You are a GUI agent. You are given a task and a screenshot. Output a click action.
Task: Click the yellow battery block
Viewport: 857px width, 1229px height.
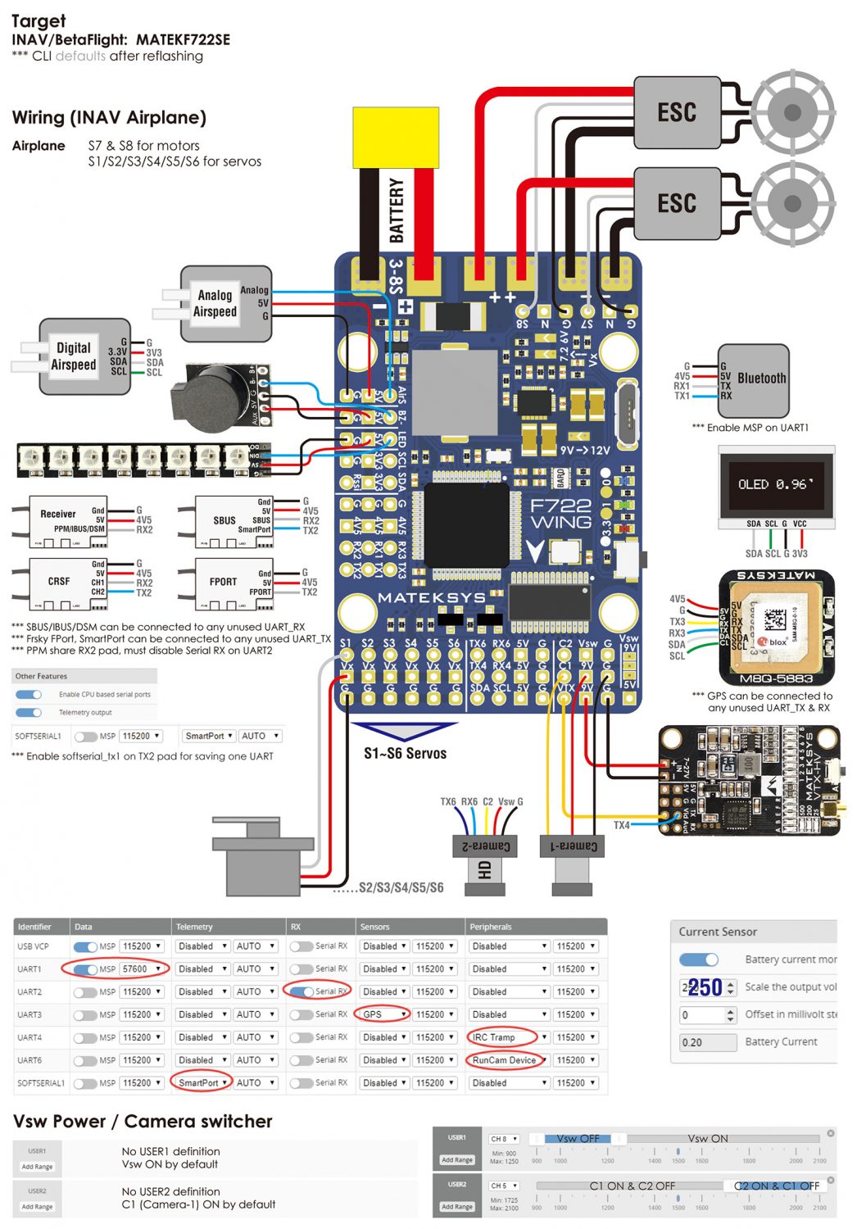point(396,137)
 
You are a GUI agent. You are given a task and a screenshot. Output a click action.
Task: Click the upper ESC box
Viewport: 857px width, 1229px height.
point(677,112)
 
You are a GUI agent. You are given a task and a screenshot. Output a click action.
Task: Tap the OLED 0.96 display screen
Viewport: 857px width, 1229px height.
point(776,484)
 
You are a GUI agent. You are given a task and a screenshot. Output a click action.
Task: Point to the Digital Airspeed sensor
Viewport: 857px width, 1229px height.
point(75,356)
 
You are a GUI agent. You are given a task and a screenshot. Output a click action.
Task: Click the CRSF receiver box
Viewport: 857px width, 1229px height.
point(59,582)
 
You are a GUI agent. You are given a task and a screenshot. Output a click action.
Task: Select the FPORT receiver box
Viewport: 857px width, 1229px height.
point(224,582)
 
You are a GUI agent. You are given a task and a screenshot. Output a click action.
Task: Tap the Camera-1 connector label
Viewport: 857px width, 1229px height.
point(574,846)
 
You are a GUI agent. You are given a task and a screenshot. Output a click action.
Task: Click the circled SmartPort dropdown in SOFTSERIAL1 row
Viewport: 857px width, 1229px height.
point(202,1083)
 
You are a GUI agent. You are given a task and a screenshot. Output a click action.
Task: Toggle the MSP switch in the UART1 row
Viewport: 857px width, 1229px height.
point(86,969)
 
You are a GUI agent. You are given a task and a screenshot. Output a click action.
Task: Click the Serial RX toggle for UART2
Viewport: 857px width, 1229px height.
point(302,992)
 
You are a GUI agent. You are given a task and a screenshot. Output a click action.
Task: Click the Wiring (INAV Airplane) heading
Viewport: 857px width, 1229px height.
point(109,117)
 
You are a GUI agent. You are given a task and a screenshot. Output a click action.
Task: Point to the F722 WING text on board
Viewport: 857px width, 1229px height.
point(560,514)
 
